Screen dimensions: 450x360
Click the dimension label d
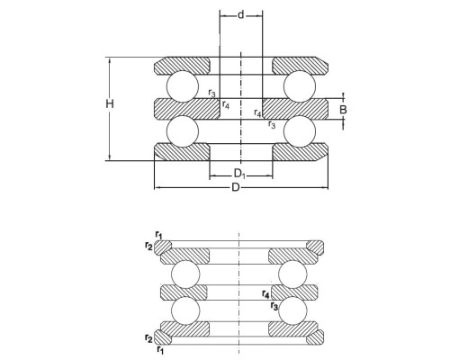[241, 15]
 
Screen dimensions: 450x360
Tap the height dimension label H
[110, 103]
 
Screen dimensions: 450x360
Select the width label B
[343, 110]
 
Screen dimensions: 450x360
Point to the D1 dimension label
[239, 174]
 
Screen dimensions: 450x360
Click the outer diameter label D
[236, 188]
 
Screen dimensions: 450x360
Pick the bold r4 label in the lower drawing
[265, 293]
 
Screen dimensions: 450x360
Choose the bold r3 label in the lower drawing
[274, 306]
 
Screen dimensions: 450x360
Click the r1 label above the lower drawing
[159, 235]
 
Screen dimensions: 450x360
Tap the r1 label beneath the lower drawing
[160, 349]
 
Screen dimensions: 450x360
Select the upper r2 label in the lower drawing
[148, 247]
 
